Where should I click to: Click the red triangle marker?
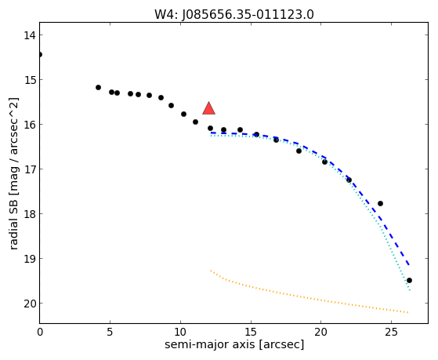[208, 108]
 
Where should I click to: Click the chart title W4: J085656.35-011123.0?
[234, 15]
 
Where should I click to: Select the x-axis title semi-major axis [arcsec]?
[234, 344]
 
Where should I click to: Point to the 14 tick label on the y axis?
[29, 35]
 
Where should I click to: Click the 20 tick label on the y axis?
[29, 304]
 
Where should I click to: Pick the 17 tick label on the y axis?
[29, 169]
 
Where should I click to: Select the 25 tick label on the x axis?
[391, 332]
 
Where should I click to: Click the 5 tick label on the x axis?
[110, 332]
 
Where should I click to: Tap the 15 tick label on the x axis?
[251, 332]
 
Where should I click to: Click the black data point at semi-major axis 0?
[40, 54]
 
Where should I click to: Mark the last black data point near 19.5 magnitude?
[409, 280]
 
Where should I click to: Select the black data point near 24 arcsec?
[380, 203]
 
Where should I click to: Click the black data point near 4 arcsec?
[98, 87]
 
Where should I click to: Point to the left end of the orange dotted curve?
[211, 271]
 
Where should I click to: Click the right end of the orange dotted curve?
[408, 312]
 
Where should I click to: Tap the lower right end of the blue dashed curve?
[409, 264]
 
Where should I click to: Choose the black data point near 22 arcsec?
[349, 180]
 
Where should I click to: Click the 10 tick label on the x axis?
[180, 332]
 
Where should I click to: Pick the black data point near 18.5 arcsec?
[299, 151]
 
